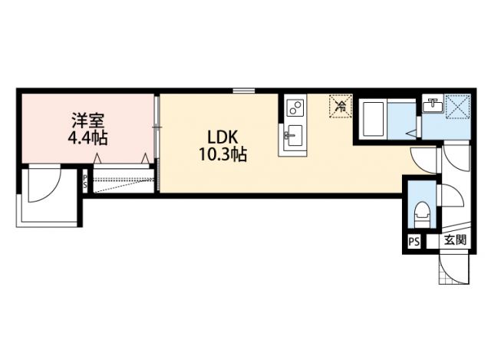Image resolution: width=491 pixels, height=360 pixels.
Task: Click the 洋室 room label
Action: [x=88, y=121]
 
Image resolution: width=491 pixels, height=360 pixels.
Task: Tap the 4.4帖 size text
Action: [x=88, y=139]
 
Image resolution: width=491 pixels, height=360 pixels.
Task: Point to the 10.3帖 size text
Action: [x=220, y=155]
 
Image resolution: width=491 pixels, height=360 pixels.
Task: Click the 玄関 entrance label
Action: [x=455, y=240]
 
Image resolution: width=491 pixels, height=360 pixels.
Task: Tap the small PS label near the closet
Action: [x=86, y=183]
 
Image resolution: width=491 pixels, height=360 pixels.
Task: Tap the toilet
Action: [x=421, y=212]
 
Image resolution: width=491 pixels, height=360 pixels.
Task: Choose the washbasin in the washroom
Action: [x=432, y=104]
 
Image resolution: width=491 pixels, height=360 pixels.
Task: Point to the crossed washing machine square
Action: [x=457, y=106]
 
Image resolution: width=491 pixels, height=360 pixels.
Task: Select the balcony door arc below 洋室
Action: [x=44, y=186]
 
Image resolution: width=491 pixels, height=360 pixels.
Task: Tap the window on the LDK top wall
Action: [x=244, y=91]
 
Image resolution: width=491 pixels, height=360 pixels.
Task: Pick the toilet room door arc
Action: [x=450, y=197]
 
